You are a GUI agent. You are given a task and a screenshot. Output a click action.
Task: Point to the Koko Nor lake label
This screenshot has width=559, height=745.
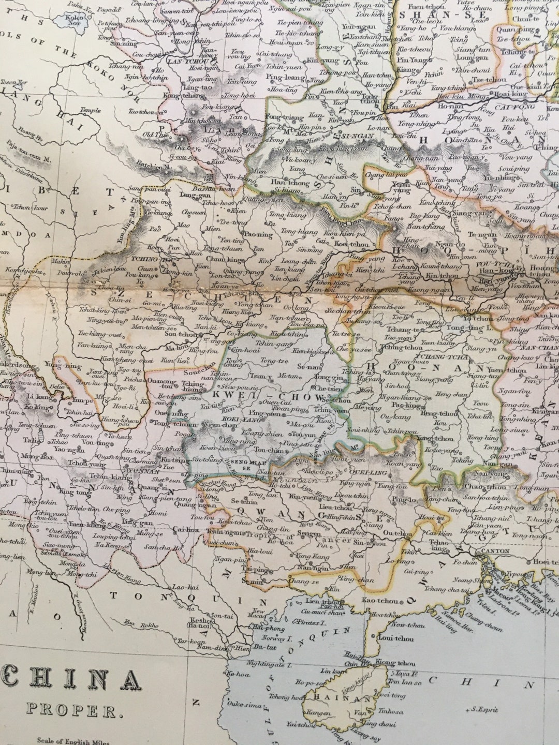tap(75, 20)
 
